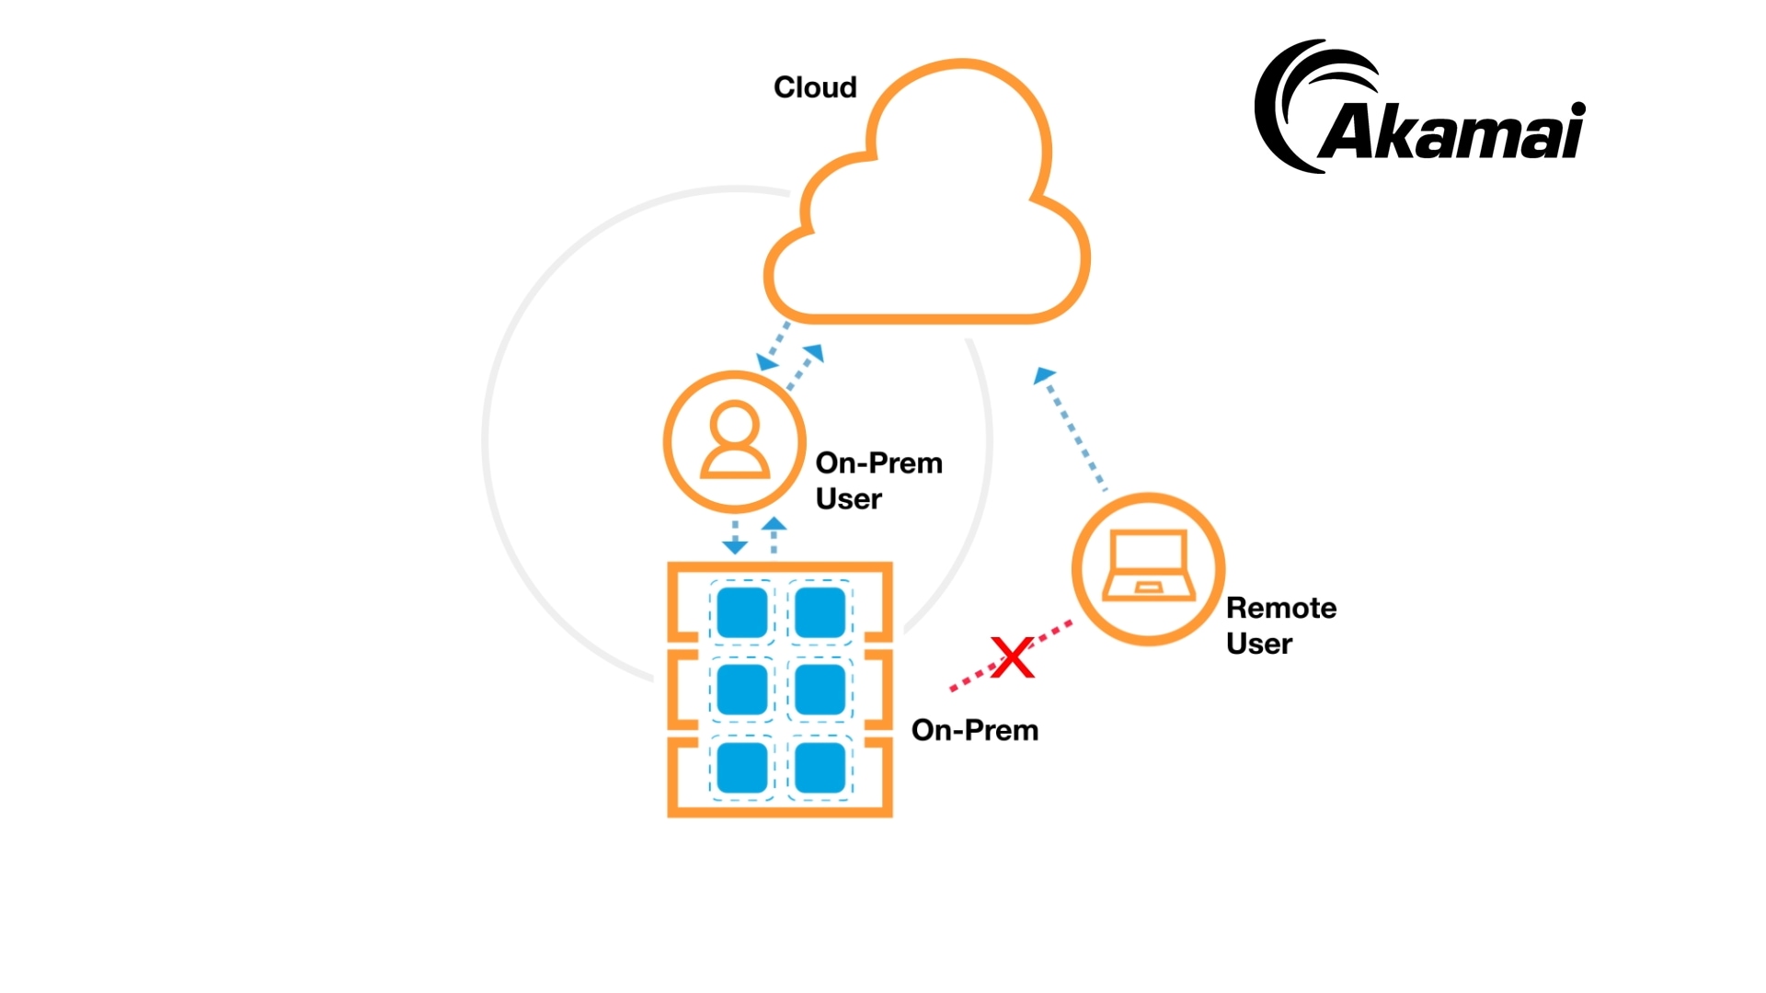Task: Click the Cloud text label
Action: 815,87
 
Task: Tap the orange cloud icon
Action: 929,202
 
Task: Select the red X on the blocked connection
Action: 1013,657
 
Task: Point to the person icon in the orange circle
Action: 735,440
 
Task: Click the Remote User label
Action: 1280,625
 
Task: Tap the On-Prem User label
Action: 878,480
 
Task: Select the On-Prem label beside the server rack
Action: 974,730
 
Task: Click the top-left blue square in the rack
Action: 742,612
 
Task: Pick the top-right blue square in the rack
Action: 820,612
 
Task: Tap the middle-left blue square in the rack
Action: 742,690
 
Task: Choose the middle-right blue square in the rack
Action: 820,690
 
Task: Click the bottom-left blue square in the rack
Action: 742,767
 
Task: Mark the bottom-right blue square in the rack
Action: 820,767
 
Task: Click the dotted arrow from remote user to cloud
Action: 1072,428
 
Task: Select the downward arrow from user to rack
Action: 735,539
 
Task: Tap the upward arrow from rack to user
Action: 774,533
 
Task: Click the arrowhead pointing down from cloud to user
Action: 766,361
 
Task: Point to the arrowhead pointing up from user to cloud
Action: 813,352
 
